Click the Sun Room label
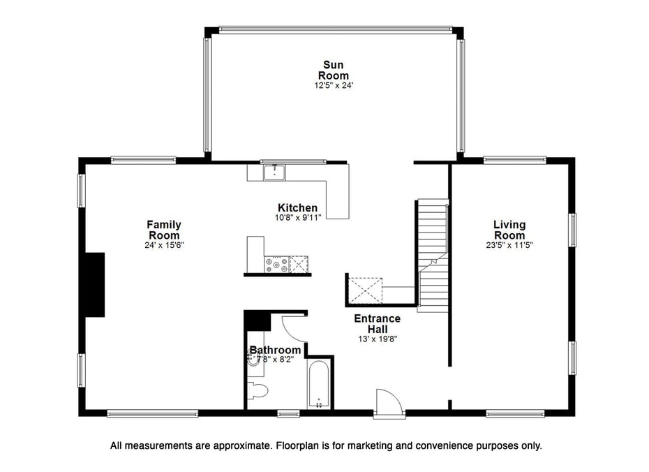334,71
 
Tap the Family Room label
164,230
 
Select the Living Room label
509,230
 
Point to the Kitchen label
298,207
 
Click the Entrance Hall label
378,323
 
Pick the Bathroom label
276,350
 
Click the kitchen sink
274,171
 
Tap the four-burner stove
276,265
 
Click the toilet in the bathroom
257,390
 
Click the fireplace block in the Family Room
94,285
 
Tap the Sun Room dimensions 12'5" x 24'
334,86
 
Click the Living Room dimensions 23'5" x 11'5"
509,245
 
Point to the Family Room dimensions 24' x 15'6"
164,245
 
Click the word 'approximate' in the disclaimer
245,445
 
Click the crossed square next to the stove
300,265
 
